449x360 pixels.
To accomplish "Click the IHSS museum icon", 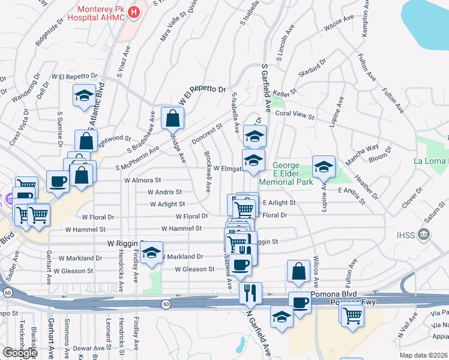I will (x=424, y=233).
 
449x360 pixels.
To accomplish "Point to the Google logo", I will (x=19, y=352).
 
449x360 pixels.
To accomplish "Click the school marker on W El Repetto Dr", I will (x=84, y=95).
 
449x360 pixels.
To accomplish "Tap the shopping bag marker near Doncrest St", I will (x=172, y=119).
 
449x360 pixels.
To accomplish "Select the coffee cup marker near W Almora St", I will (x=58, y=181).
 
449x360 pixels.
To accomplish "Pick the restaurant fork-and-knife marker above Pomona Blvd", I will (x=250, y=293).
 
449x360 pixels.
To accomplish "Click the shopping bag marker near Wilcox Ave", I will (x=298, y=271).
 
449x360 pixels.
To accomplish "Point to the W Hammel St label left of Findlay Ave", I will (x=85, y=229).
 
